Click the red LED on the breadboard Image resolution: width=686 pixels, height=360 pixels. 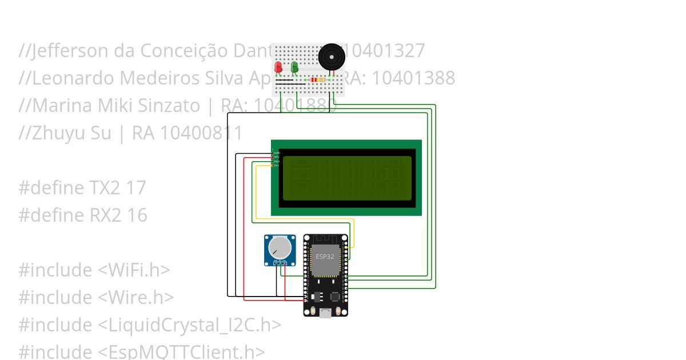coord(278,67)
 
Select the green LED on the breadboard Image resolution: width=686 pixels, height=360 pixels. coord(294,67)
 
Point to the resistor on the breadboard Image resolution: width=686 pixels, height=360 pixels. coord(315,80)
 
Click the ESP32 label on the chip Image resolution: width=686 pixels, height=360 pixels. coord(325,257)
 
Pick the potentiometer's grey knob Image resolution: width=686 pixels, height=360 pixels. coord(280,247)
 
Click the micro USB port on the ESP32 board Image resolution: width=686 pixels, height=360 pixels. coord(326,312)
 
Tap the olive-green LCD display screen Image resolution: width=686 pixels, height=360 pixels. coord(347,178)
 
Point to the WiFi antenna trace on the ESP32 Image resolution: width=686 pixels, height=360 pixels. coord(325,239)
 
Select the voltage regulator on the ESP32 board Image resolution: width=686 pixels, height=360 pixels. coord(318,297)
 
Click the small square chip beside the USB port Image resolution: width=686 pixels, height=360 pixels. coord(336,297)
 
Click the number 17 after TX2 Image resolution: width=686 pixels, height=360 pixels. coord(137,188)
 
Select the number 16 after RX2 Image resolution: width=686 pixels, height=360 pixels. coord(137,215)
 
